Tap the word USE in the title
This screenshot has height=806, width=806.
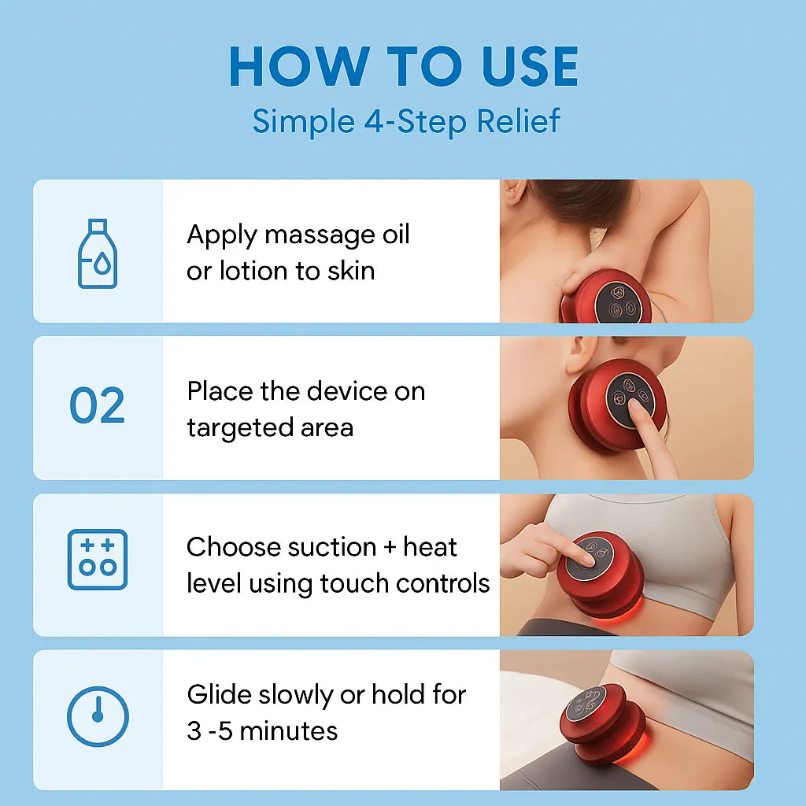(530, 66)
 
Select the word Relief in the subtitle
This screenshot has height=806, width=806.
(518, 121)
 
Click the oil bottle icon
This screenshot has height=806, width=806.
(98, 253)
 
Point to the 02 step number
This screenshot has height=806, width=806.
(97, 405)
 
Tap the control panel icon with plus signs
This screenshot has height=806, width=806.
(98, 560)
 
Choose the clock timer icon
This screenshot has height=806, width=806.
(98, 716)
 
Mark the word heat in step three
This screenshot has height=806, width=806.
(431, 547)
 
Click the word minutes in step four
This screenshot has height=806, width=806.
(288, 731)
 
